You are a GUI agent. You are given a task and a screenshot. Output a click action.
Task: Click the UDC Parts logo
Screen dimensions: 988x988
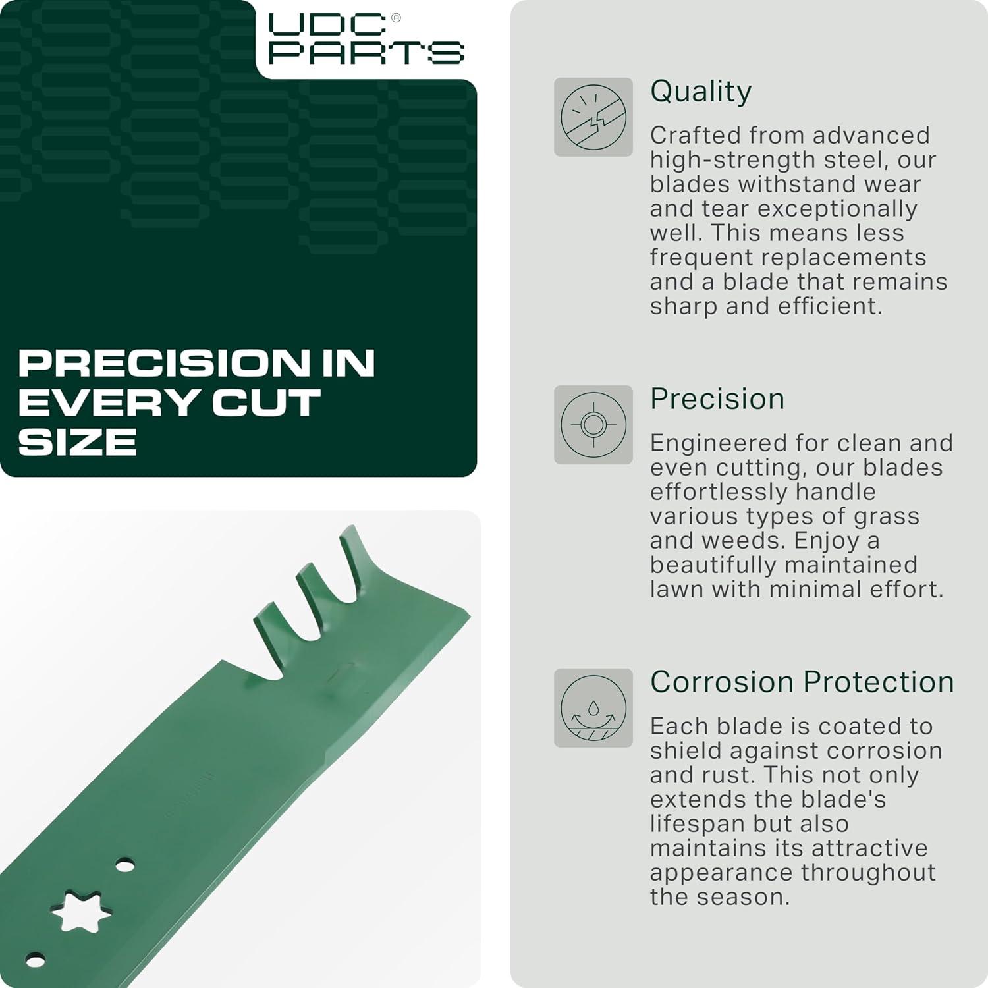[x=366, y=39]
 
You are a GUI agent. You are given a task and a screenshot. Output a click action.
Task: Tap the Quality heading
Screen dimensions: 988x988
[x=701, y=92]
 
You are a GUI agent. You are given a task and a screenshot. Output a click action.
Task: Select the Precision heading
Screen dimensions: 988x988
[x=717, y=399]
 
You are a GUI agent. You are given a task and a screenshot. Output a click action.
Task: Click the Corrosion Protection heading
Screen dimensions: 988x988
[x=802, y=682]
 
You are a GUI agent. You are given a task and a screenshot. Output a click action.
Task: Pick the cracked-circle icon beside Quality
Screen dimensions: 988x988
[x=593, y=117]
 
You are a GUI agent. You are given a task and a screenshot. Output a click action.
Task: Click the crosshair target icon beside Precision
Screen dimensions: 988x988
[x=593, y=425]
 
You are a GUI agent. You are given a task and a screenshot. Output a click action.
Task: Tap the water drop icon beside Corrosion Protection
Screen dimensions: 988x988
[x=593, y=708]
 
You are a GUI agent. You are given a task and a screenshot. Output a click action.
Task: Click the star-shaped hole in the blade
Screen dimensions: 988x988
[x=81, y=910]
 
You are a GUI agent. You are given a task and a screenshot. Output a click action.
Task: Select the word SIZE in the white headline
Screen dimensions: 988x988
[x=78, y=442]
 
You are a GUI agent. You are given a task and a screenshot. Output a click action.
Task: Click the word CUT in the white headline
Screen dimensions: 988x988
[x=266, y=402]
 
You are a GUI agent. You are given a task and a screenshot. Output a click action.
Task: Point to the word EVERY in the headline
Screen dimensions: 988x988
[x=109, y=402]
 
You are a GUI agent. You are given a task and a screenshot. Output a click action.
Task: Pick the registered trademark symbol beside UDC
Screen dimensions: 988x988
[x=396, y=18]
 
